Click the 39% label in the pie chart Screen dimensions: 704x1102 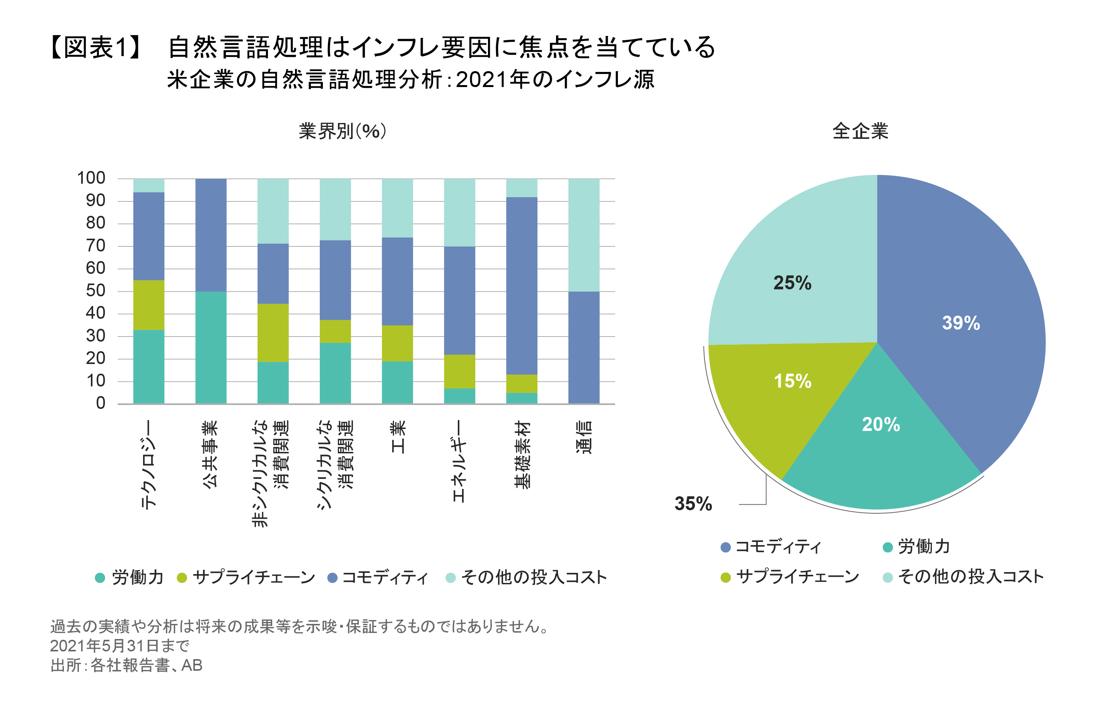point(960,323)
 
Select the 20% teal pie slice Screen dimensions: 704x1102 point(881,439)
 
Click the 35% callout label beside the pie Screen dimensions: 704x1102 point(693,504)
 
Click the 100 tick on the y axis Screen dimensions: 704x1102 point(91,178)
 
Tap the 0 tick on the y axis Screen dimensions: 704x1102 point(101,403)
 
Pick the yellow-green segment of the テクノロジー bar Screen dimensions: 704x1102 point(149,305)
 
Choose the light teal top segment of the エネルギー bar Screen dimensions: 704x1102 point(459,212)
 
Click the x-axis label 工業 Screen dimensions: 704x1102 point(398,437)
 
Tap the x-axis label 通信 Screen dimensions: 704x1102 point(584,437)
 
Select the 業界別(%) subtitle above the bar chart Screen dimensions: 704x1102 point(342,132)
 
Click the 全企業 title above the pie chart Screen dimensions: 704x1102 point(860,132)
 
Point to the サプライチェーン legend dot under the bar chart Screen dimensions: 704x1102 point(182,578)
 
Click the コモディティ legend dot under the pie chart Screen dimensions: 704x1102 point(725,547)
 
